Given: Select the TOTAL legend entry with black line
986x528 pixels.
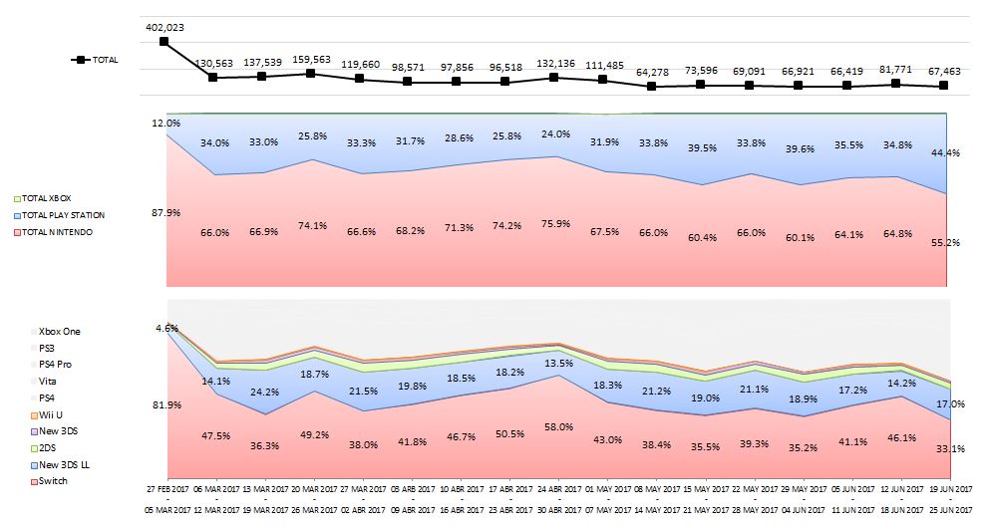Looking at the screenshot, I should [95, 60].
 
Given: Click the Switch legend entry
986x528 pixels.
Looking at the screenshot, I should [51, 481].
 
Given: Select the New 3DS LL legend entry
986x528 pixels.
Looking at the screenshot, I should [59, 465].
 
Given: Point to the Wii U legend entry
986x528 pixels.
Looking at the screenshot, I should [49, 413].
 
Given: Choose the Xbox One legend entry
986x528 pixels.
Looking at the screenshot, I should [57, 330].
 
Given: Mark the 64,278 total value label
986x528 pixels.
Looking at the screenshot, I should [652, 72].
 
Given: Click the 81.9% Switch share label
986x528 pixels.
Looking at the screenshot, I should [165, 404].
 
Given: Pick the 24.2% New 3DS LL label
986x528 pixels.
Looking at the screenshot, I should [264, 392].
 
